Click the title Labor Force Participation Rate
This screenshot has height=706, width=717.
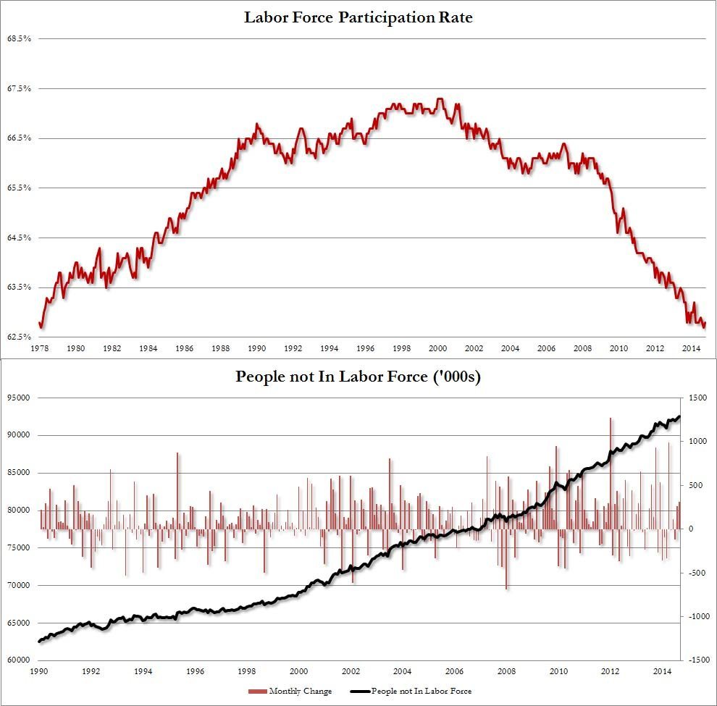pyautogui.click(x=358, y=17)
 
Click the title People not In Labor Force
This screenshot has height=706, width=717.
pyautogui.click(x=358, y=377)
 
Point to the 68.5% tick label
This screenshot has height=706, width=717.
pyautogui.click(x=19, y=38)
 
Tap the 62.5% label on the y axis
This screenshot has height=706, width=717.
pyautogui.click(x=19, y=337)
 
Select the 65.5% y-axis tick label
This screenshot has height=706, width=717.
pyautogui.click(x=19, y=188)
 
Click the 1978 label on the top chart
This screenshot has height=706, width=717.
pyautogui.click(x=40, y=349)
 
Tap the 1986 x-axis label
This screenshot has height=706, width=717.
pyautogui.click(x=185, y=349)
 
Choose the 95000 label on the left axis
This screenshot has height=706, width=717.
pyautogui.click(x=19, y=398)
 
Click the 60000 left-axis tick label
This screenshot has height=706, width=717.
pyautogui.click(x=19, y=660)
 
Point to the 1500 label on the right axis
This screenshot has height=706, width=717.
pyautogui.click(x=697, y=398)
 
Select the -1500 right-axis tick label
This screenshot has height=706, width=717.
pyautogui.click(x=696, y=660)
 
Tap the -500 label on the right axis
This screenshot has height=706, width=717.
pyautogui.click(x=696, y=573)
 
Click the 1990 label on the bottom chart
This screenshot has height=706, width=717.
pyautogui.click(x=40, y=672)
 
